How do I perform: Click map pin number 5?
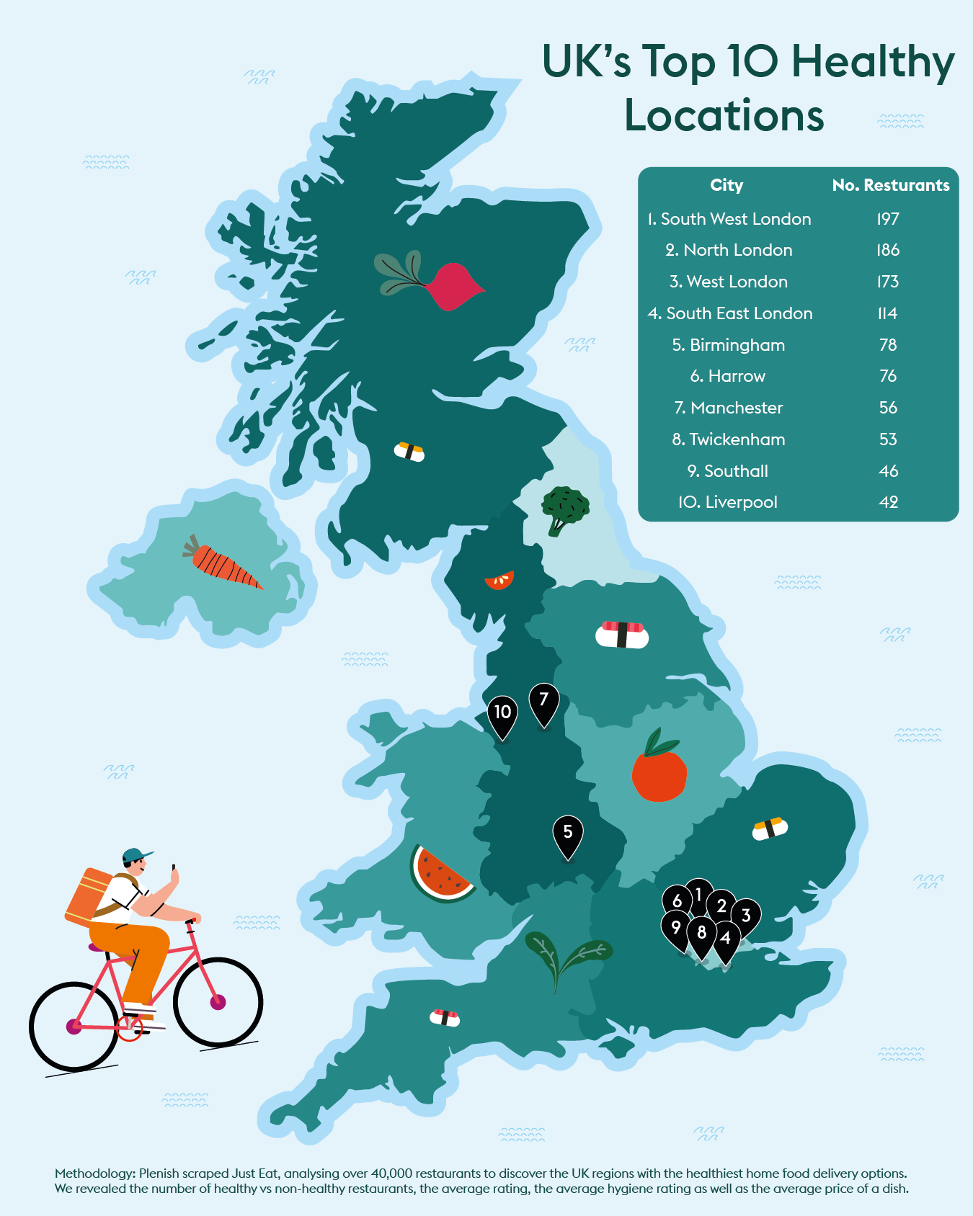point(568,834)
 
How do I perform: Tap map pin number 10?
point(502,715)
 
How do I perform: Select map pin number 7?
point(544,702)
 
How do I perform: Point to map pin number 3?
point(747,916)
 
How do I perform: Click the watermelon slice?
point(440,873)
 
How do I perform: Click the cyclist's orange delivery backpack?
point(89,896)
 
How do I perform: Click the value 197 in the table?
point(888,219)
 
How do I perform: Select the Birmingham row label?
point(729,345)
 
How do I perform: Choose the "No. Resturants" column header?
point(890,185)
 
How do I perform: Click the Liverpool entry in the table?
point(728,502)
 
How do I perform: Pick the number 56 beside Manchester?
point(888,408)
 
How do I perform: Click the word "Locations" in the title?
point(724,115)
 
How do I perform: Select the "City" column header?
point(727,185)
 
